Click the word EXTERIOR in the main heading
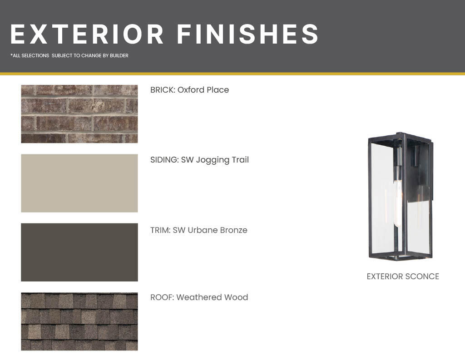click(x=87, y=34)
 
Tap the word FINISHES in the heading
click(x=248, y=34)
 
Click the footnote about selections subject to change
click(x=69, y=55)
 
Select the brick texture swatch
click(x=79, y=114)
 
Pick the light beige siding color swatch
click(x=79, y=183)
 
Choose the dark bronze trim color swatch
click(x=79, y=252)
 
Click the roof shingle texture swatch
click(x=79, y=321)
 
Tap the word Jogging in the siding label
click(x=213, y=160)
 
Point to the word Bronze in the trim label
click(x=233, y=230)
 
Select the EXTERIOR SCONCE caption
click(x=403, y=276)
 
